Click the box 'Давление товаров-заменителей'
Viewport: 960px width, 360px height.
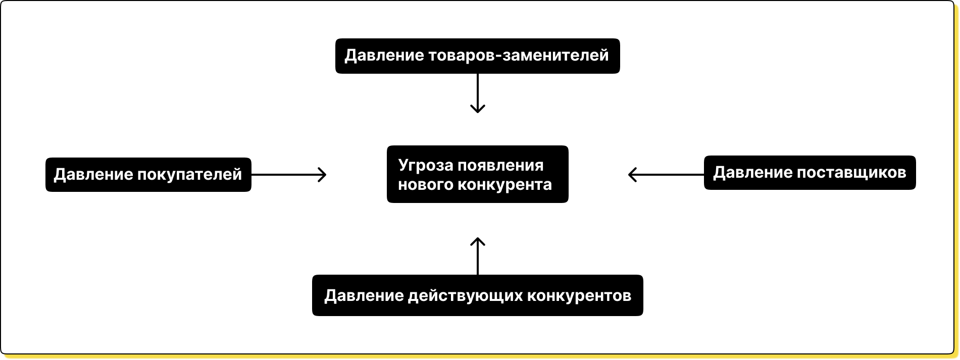click(477, 56)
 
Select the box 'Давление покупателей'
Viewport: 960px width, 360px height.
click(148, 175)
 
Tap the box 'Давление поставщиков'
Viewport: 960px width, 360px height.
click(810, 173)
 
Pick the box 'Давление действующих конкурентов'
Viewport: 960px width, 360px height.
click(477, 295)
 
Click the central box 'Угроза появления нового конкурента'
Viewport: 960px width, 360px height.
click(477, 175)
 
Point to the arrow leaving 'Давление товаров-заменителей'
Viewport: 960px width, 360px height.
click(477, 93)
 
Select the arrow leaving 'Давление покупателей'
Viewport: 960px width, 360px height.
click(289, 175)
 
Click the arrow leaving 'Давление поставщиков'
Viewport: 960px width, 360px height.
click(666, 175)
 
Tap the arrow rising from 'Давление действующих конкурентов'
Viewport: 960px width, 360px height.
click(477, 256)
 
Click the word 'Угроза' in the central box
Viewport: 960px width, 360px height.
click(419, 166)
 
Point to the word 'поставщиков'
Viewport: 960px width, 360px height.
click(851, 173)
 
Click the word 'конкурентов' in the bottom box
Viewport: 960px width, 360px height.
click(579, 296)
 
